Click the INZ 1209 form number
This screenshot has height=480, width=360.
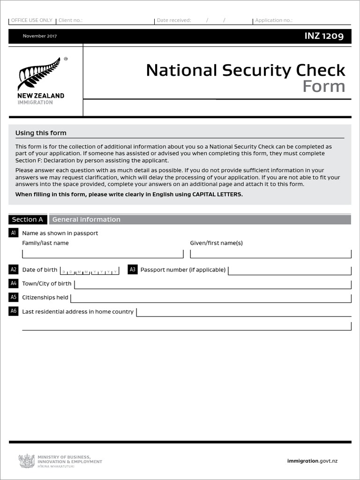coord(324,36)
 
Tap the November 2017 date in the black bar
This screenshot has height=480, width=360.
coord(40,36)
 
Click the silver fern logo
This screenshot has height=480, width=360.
coord(39,74)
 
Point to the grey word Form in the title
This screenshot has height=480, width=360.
coord(323,86)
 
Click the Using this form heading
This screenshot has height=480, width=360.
coord(41,133)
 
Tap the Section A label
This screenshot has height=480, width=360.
coord(27,219)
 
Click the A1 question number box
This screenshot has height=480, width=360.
coord(13,233)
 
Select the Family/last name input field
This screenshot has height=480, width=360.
coord(103,254)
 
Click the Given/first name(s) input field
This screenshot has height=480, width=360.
coord(270,254)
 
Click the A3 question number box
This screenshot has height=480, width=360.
coord(133,270)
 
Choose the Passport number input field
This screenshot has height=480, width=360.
coord(289,270)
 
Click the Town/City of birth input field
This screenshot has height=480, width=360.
coord(212,285)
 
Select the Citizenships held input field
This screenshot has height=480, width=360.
coord(210,298)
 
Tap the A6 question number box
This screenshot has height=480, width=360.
coord(13,311)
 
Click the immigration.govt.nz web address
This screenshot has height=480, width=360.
coord(312,461)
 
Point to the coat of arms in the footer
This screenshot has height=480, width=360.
coord(26,461)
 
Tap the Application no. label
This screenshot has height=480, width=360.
coord(274,21)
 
